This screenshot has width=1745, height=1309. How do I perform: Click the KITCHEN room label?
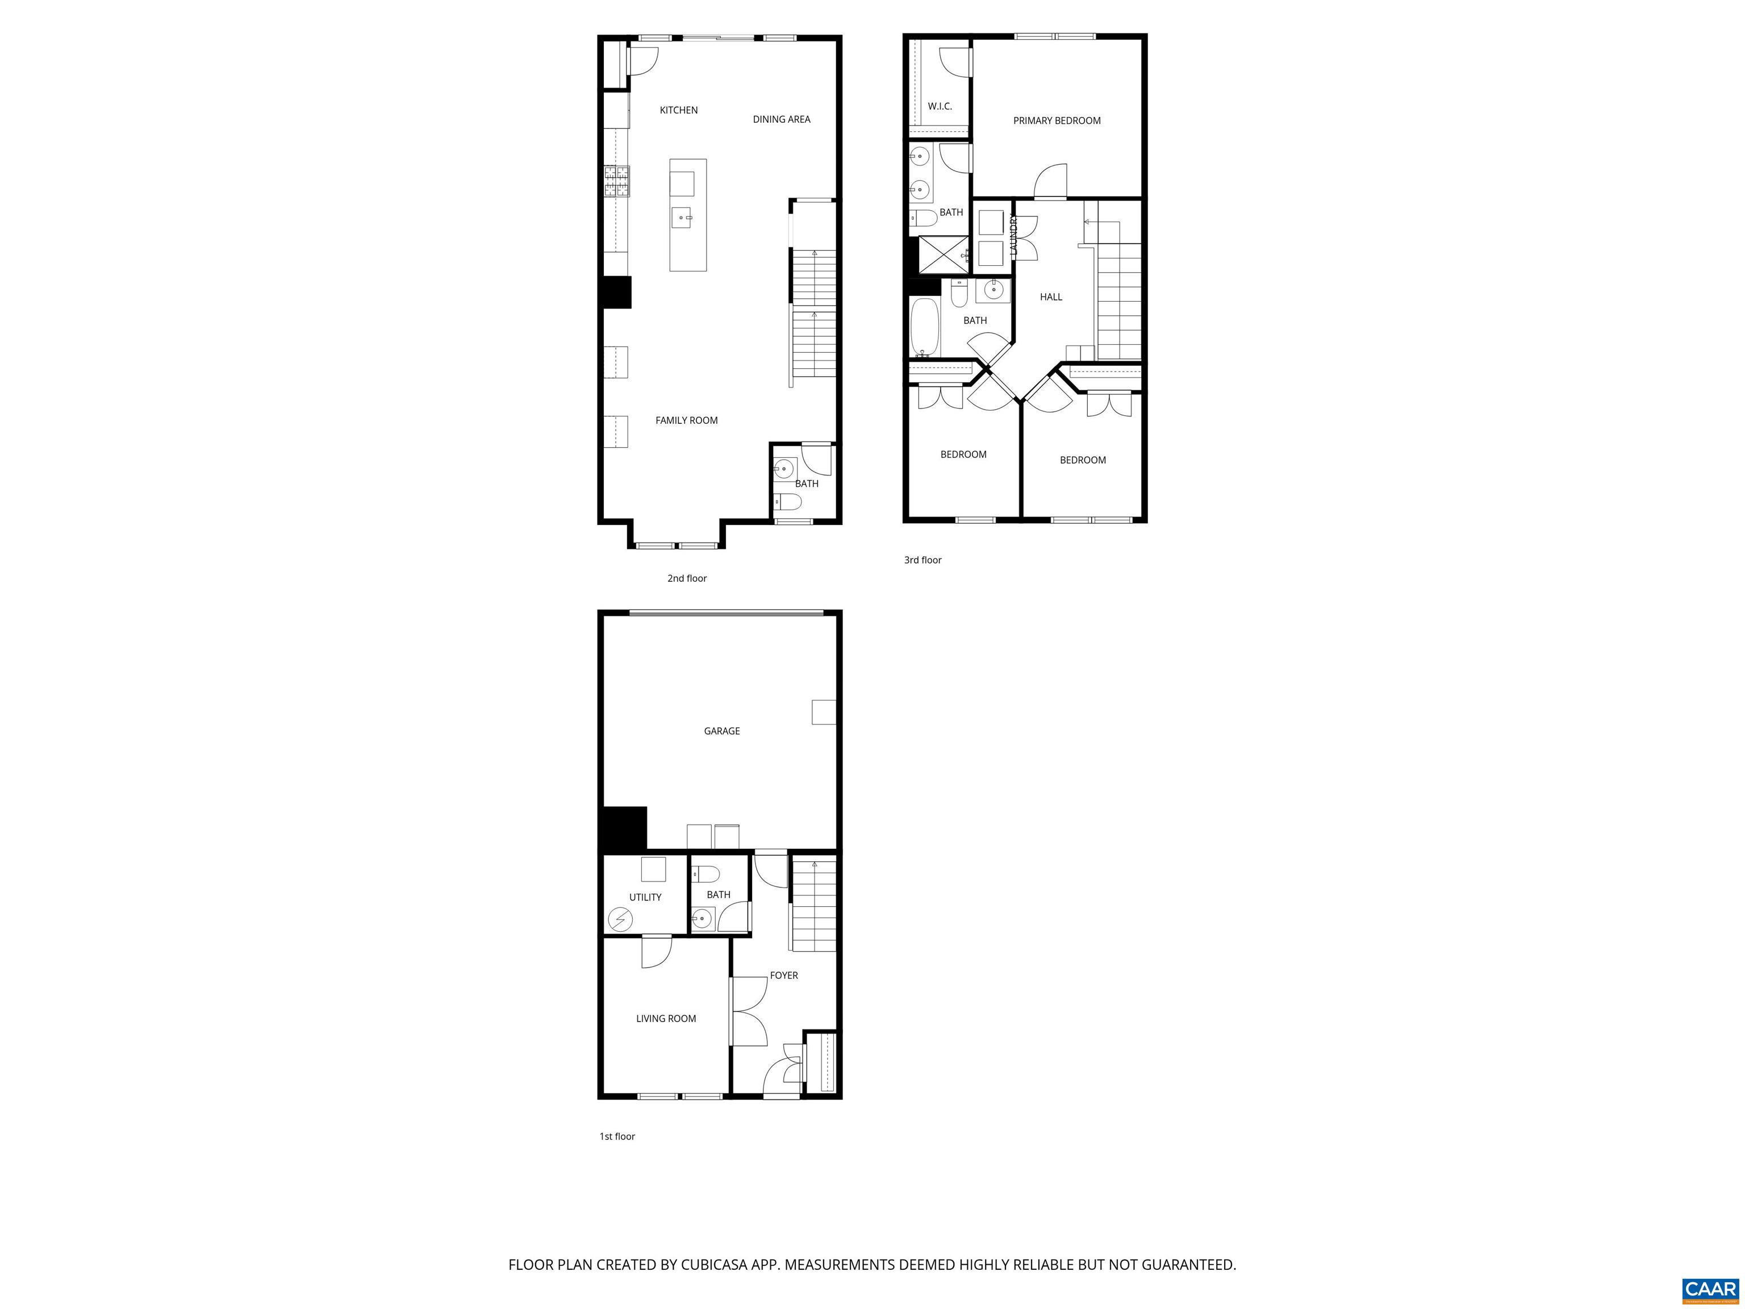[678, 110]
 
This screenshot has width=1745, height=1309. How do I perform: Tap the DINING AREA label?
[781, 120]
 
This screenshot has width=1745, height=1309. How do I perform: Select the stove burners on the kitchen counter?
[617, 181]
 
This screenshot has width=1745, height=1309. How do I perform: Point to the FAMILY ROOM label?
[686, 420]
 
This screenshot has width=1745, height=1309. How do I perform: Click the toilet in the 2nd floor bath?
[787, 502]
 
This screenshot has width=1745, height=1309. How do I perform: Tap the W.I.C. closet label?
[940, 106]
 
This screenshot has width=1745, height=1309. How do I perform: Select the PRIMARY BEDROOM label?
[1057, 120]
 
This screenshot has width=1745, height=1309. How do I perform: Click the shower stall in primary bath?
[939, 255]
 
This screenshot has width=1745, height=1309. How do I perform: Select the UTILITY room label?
[645, 897]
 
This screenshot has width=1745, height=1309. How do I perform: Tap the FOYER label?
[783, 976]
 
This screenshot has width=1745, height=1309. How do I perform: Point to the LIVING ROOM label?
[666, 1019]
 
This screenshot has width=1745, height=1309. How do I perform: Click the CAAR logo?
[1710, 1289]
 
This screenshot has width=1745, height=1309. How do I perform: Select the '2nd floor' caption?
[686, 578]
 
